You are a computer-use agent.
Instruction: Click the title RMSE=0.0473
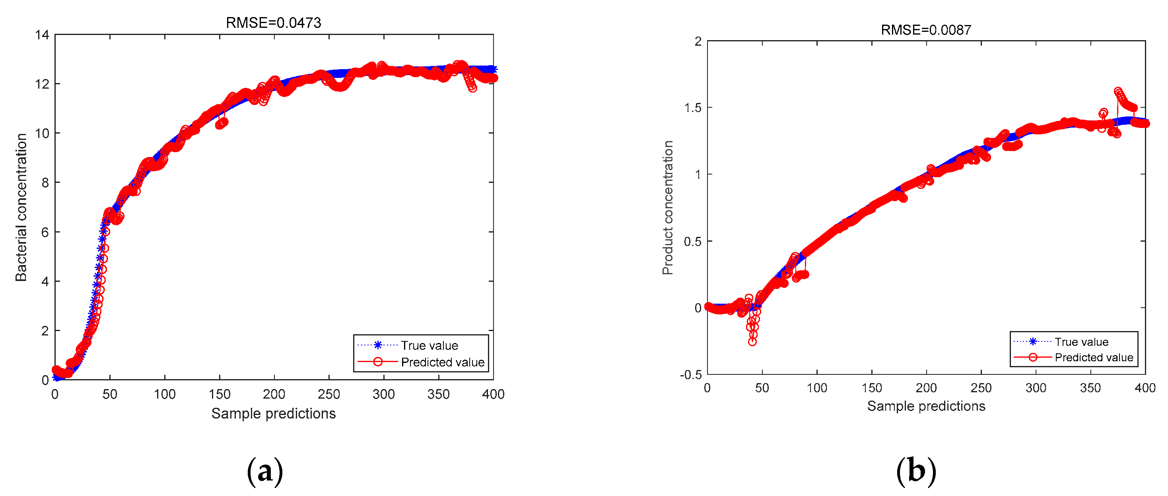click(x=274, y=23)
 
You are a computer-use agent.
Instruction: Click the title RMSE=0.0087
click(x=926, y=30)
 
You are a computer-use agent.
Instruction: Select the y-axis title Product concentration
click(x=667, y=207)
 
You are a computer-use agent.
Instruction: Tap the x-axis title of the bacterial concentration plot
click(x=274, y=413)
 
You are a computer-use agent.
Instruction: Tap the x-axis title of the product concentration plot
click(x=926, y=406)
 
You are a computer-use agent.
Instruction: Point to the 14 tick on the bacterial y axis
click(x=42, y=35)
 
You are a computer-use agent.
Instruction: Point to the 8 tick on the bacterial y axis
click(x=45, y=183)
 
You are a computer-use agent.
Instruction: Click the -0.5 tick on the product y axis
click(x=690, y=375)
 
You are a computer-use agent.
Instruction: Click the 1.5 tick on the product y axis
click(x=692, y=108)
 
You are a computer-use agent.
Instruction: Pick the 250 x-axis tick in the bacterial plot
click(x=329, y=394)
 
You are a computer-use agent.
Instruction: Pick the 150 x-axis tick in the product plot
click(x=871, y=388)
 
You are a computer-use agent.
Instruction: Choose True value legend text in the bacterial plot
click(x=429, y=346)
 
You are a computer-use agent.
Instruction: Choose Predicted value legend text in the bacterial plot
click(x=443, y=362)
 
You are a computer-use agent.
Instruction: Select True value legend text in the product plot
click(x=1081, y=342)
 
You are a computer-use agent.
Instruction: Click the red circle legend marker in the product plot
click(x=1033, y=357)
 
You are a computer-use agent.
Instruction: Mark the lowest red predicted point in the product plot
click(x=752, y=341)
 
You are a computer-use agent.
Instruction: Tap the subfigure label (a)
click(x=265, y=471)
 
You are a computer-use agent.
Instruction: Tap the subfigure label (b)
click(x=916, y=471)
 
